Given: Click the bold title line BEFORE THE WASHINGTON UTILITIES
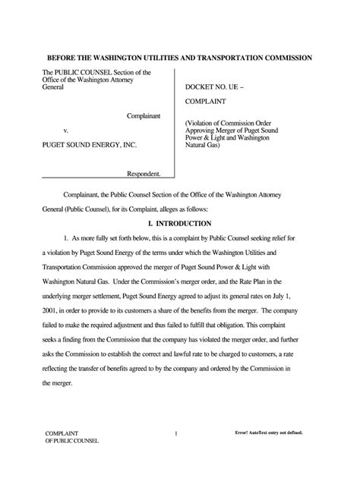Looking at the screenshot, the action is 179,58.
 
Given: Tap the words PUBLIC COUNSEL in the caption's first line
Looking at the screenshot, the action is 82,73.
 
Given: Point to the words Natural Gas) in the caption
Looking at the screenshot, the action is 202,145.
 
